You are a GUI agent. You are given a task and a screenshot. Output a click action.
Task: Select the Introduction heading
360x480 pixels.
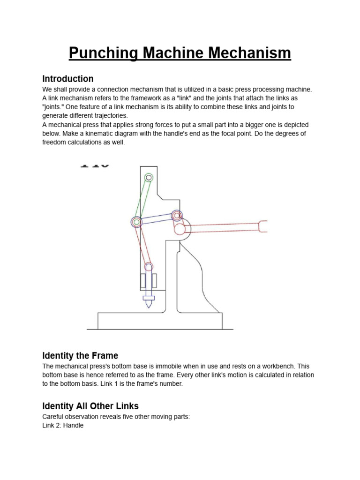[x=68, y=79]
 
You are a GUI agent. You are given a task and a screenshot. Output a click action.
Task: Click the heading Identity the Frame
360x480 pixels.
[x=80, y=355]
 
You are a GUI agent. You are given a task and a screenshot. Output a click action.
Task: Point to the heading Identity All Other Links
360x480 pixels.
[x=90, y=406]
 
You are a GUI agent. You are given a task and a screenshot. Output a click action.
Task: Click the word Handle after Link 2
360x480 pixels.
[x=73, y=426]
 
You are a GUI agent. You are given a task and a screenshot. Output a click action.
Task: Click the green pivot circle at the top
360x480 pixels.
[x=149, y=178]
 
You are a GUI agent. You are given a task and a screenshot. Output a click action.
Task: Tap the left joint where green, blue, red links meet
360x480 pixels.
[x=136, y=222]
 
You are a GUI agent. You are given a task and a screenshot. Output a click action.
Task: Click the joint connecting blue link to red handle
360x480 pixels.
[x=176, y=216]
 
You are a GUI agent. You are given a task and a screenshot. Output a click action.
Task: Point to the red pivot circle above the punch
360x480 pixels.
[x=148, y=267]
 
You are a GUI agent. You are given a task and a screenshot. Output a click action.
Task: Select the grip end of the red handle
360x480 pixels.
[x=263, y=226]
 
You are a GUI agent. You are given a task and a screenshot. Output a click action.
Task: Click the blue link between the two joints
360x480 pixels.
[x=156, y=218]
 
